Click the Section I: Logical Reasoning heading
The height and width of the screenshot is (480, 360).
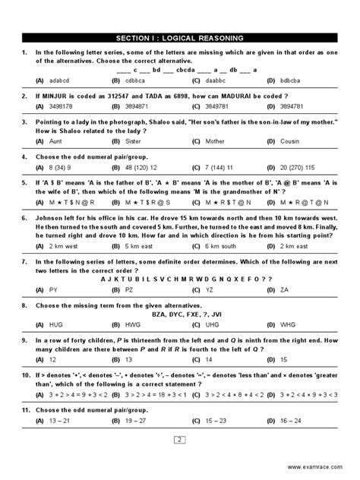[x=180, y=37]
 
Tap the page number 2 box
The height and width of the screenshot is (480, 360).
[x=180, y=439]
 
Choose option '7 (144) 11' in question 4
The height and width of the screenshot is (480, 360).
[x=220, y=166]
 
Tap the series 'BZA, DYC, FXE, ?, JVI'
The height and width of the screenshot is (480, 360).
[x=180, y=314]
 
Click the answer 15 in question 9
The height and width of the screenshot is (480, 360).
[x=283, y=358]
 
